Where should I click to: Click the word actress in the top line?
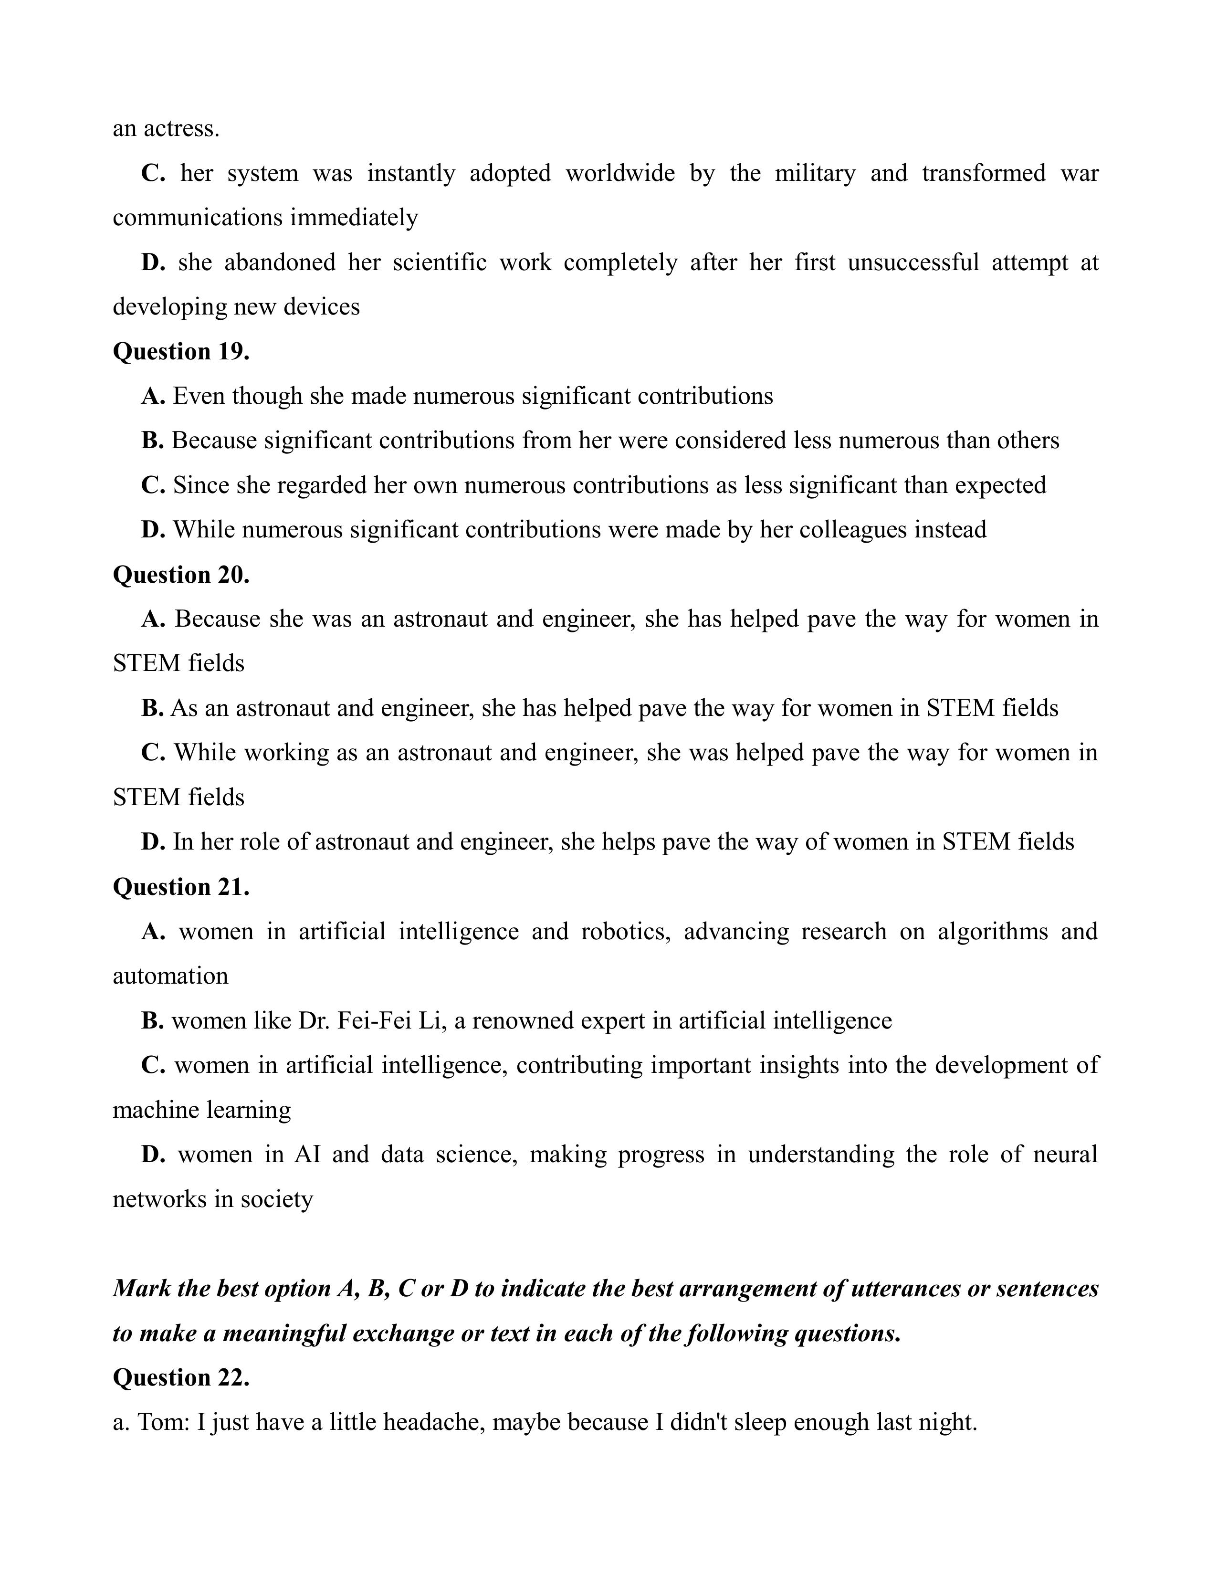tap(182, 129)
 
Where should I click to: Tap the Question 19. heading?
tap(181, 351)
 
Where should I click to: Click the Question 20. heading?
tap(181, 575)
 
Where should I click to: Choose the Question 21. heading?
tap(181, 887)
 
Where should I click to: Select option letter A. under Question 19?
tap(154, 397)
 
